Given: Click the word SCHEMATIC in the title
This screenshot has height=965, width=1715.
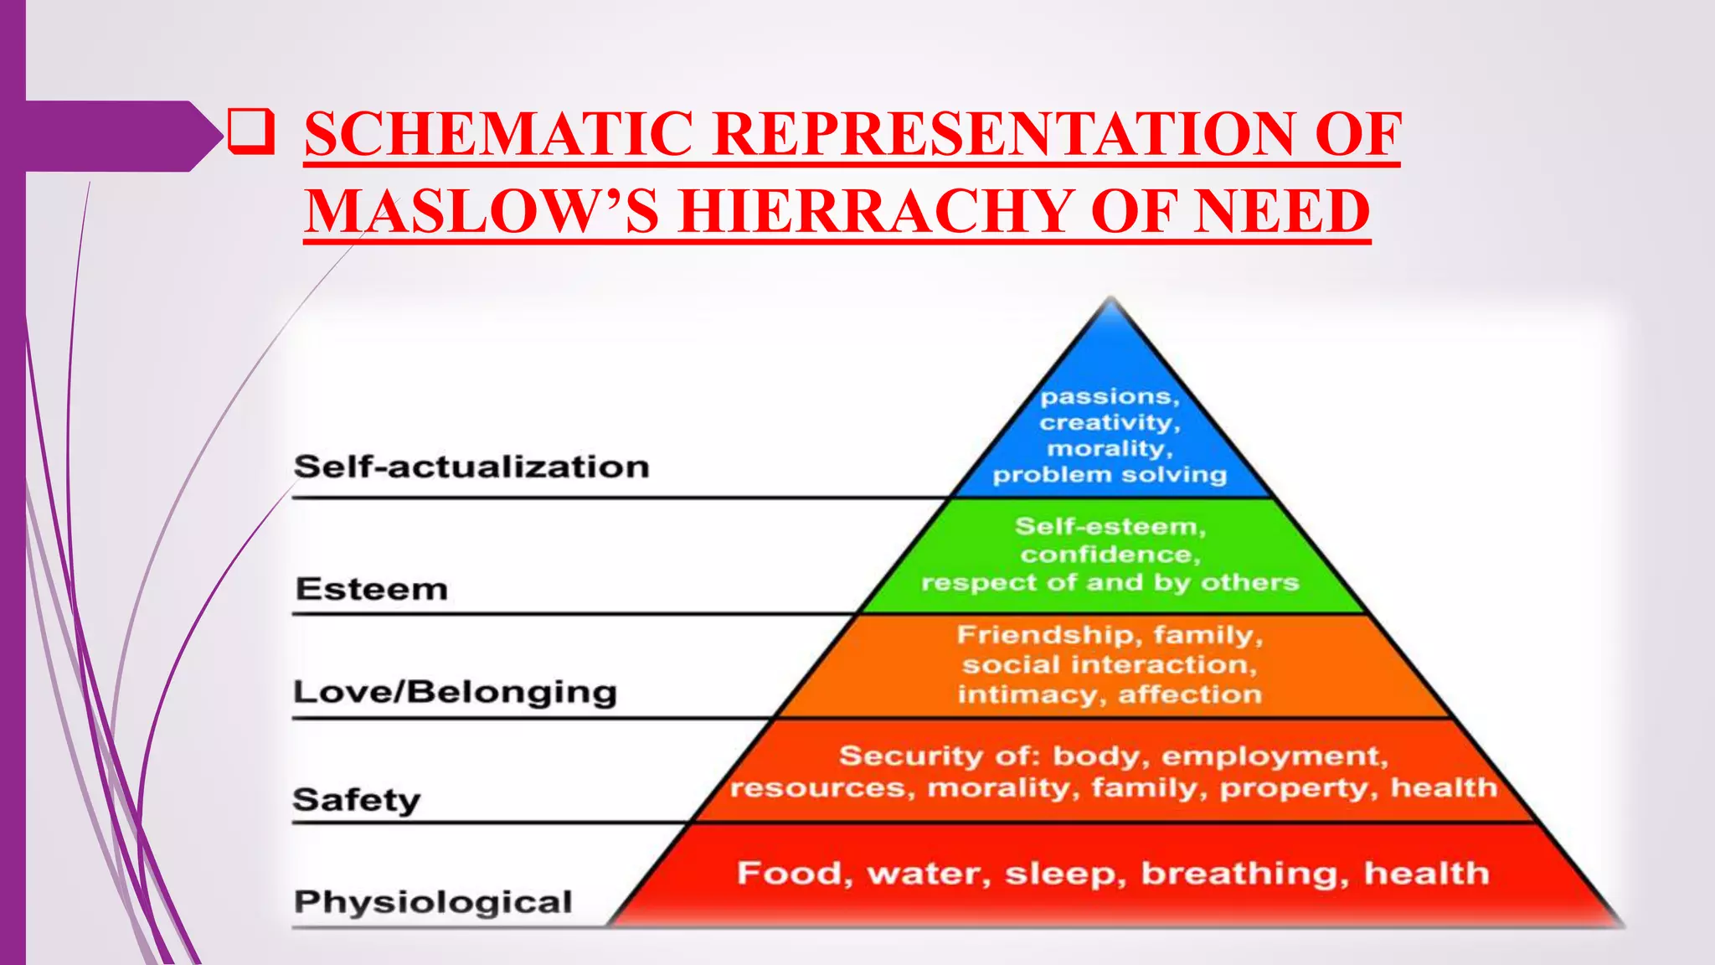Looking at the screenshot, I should (x=498, y=134).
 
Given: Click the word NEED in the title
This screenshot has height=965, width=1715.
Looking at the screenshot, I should (x=1281, y=211).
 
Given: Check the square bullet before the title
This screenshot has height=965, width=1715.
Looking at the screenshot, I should (x=250, y=132).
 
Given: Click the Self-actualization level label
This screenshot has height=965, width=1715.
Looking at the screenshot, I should (x=471, y=467).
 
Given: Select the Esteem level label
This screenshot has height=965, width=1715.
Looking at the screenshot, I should (x=371, y=589).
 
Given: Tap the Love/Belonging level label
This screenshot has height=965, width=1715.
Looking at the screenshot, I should (x=455, y=693).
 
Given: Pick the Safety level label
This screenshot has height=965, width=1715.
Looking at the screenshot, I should (x=357, y=800).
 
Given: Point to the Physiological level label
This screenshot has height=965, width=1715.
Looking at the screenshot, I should (x=433, y=902).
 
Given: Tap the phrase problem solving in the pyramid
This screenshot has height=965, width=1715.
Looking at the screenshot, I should (x=1110, y=475).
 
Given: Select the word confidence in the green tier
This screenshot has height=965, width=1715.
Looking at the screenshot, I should (x=1110, y=555).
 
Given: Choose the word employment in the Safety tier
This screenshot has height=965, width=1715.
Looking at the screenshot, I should (x=1274, y=756).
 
